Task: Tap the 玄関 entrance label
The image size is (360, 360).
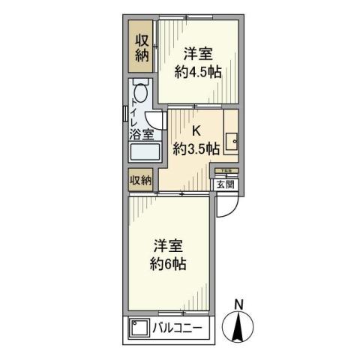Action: (226, 183)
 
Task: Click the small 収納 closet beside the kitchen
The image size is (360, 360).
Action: (141, 180)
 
